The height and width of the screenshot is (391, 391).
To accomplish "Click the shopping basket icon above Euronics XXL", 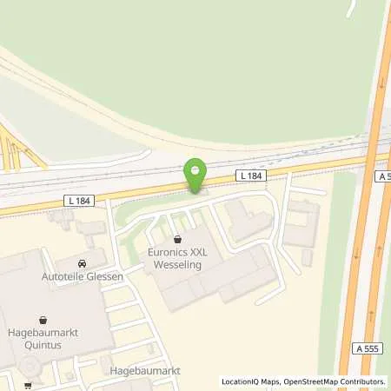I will coord(177,238).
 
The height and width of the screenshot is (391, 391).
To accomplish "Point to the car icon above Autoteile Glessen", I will coord(82,263).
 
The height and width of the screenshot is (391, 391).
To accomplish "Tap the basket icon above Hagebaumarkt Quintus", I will coord(41,320).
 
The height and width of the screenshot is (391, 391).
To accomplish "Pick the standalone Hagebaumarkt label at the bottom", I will coord(145,370).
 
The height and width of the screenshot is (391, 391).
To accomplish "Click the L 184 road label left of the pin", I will coord(77,202).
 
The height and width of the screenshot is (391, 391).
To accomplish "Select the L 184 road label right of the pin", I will coord(250,176).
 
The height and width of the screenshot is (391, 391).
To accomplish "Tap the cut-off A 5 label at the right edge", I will coord(384,176).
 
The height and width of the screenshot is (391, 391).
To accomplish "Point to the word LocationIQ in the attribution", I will coord(242,381).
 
